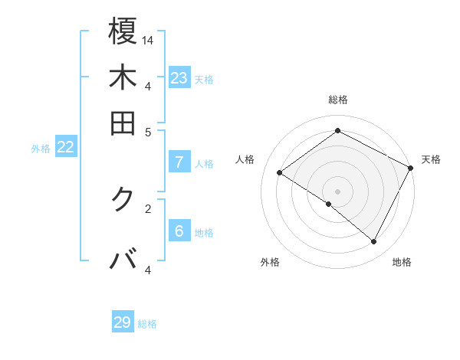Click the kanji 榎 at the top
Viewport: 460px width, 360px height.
coord(123,31)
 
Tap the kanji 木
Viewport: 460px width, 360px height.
coord(123,78)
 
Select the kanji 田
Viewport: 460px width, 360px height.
coord(123,123)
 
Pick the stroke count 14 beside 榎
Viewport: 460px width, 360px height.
coord(149,40)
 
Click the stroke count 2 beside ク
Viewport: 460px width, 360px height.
coord(148,208)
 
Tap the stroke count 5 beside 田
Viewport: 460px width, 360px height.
coord(148,131)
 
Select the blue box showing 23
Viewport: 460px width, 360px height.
coord(179,78)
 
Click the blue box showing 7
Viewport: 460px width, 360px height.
coord(179,162)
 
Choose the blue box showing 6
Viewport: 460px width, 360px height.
coord(179,231)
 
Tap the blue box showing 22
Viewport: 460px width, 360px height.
coord(65,148)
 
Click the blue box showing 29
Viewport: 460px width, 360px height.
coord(123,322)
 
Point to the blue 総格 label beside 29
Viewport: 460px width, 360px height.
coord(147,324)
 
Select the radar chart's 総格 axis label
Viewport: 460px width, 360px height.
coord(337,100)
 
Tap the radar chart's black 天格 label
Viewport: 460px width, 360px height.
coord(431,159)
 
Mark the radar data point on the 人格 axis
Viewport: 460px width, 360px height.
coord(280,173)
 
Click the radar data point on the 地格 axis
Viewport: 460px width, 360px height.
coord(374,242)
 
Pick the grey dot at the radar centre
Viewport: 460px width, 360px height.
coord(337,191)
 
